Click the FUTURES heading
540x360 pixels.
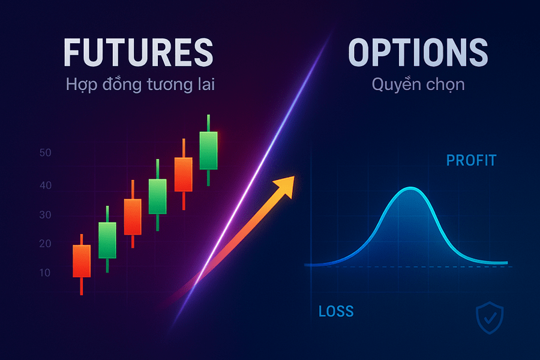point(138,53)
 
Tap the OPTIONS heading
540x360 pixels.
point(418,53)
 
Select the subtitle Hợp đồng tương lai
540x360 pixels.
point(140,85)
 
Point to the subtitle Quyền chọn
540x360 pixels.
point(418,85)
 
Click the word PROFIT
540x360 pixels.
point(472,161)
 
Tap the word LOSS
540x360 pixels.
point(336,311)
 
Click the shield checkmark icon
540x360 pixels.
point(490,317)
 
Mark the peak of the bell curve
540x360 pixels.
point(410,190)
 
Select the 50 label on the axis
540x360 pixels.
point(46,153)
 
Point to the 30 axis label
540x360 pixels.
point(46,215)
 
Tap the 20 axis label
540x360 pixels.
point(46,244)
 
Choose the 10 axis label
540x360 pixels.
point(46,272)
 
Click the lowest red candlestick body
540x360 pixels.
point(82,260)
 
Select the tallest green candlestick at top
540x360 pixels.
point(208,150)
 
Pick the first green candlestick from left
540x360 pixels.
point(107,240)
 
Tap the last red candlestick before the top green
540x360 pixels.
point(183,174)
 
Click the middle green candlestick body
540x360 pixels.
point(157,196)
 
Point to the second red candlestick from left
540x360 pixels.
point(132,217)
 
